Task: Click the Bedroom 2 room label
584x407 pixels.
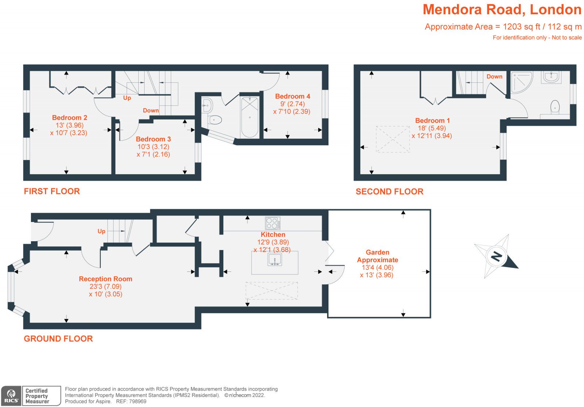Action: [70, 118]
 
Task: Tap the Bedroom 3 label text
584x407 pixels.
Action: [153, 139]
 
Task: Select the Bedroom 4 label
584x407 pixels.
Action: [292, 96]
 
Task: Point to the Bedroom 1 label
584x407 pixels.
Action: [433, 121]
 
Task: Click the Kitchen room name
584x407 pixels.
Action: [273, 234]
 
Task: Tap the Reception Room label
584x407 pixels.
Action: [105, 279]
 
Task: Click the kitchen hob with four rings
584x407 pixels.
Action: [273, 223]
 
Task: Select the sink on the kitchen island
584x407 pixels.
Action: [275, 259]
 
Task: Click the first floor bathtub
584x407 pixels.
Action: [250, 117]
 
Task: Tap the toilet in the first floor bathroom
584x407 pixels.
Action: [215, 120]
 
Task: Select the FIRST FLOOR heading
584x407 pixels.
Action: [52, 191]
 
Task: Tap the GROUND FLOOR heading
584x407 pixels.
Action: [58, 338]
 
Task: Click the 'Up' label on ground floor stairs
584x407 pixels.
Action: [101, 231]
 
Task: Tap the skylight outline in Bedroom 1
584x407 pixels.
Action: [393, 139]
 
